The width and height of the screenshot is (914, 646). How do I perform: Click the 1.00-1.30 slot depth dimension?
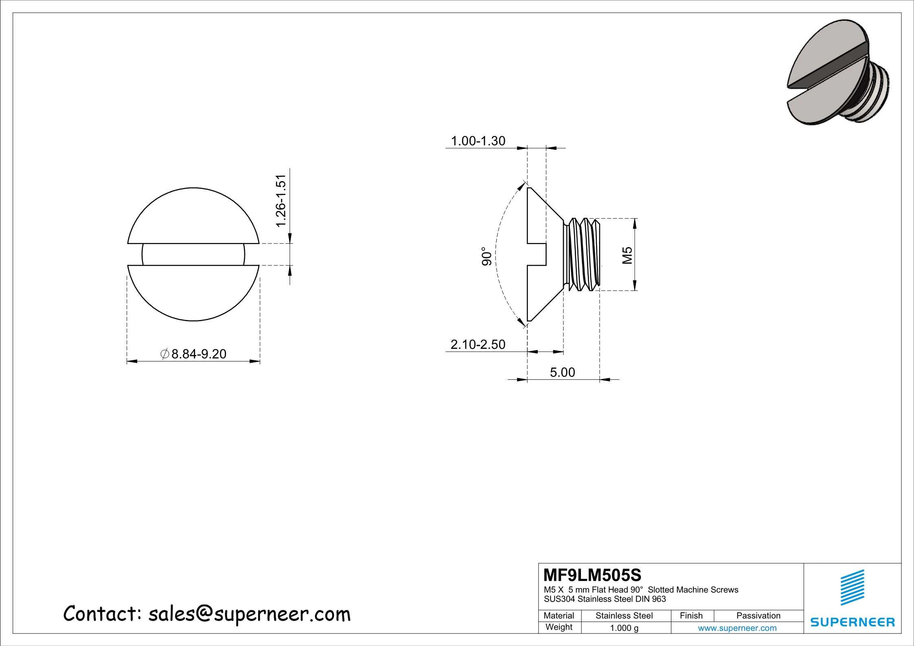pyautogui.click(x=478, y=141)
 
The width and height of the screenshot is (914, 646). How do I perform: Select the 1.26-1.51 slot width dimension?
pyautogui.click(x=281, y=201)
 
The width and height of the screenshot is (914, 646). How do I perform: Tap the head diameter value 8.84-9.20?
pyautogui.click(x=198, y=354)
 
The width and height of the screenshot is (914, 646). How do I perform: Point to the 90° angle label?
pyautogui.click(x=487, y=256)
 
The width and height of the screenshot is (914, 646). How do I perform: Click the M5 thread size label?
pyautogui.click(x=627, y=255)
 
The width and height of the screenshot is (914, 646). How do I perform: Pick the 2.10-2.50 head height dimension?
pyautogui.click(x=478, y=344)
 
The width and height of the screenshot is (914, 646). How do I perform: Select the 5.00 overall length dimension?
pyautogui.click(x=563, y=372)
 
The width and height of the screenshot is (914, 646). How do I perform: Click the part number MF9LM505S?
pyautogui.click(x=592, y=575)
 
